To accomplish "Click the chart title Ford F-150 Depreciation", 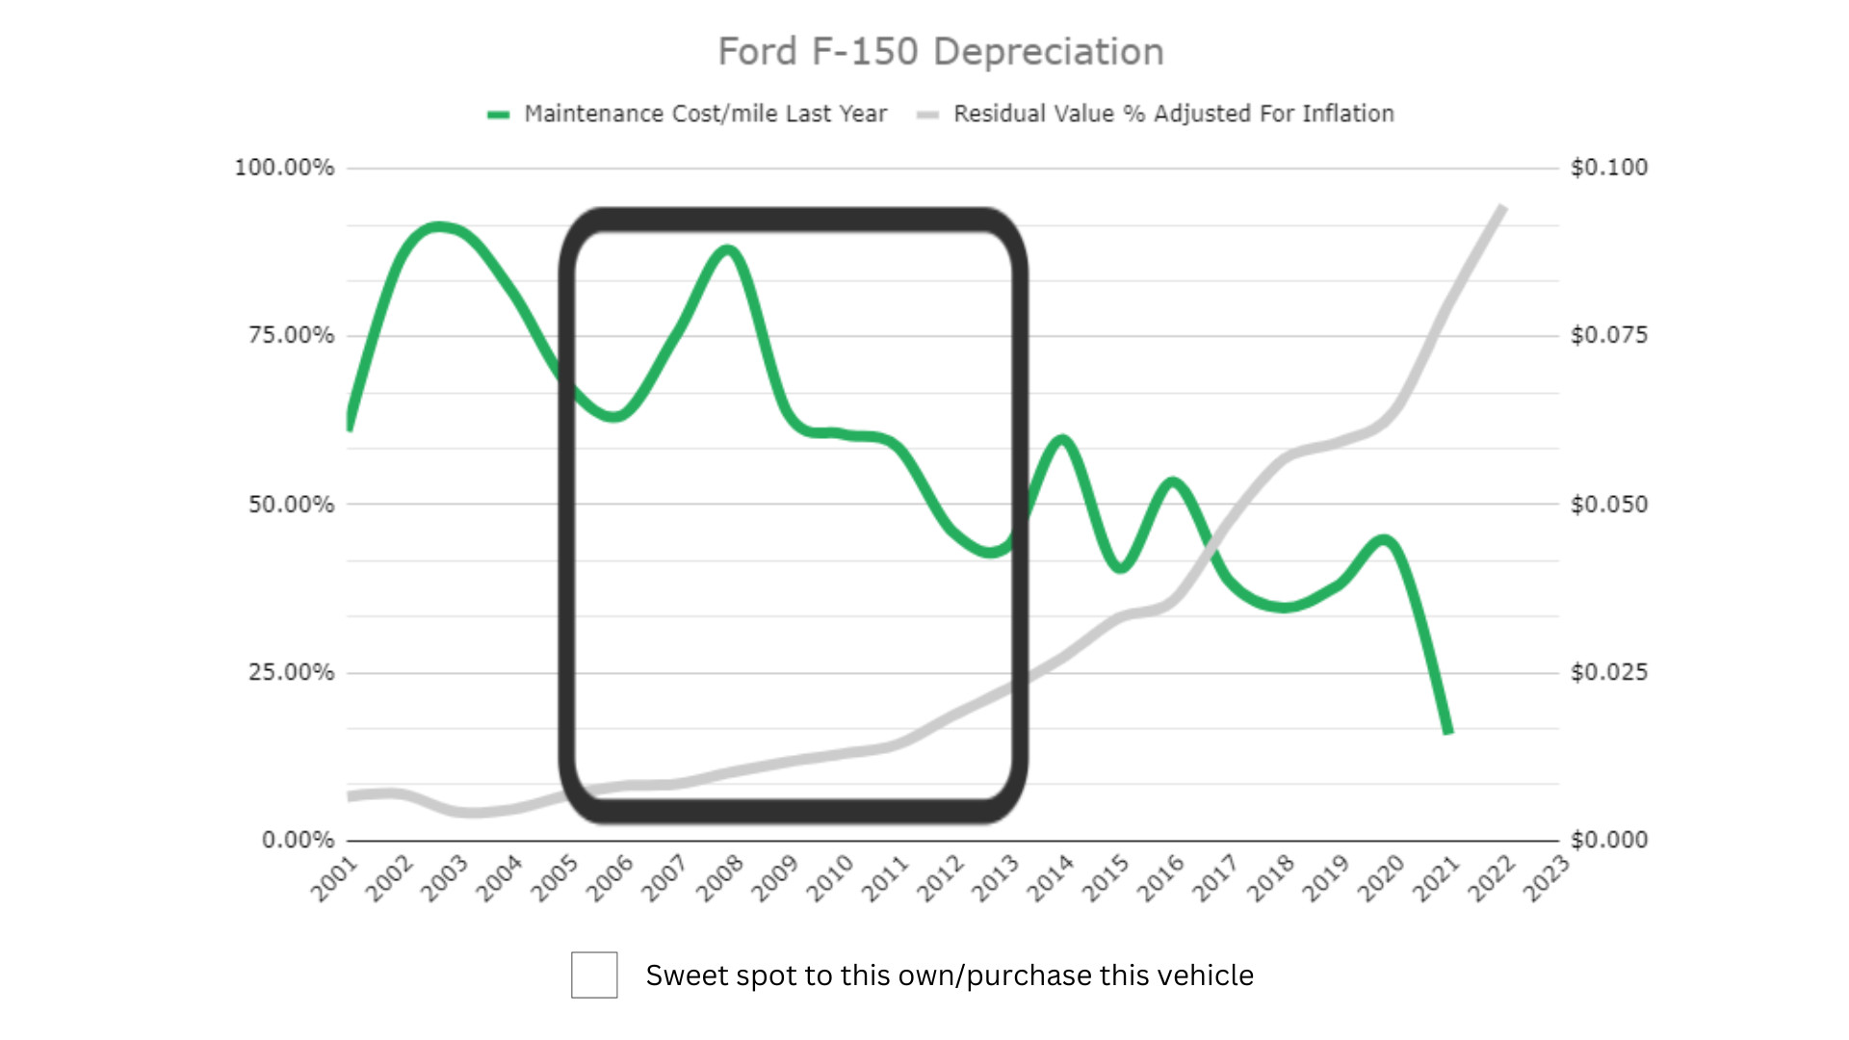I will (x=941, y=52).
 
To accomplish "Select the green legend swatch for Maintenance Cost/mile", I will (x=498, y=115).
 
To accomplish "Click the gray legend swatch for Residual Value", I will (x=927, y=115).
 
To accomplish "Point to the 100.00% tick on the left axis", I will (x=284, y=168).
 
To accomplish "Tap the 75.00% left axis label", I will (x=291, y=335).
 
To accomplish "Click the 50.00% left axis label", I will (x=291, y=505).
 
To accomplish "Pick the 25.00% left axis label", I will (x=291, y=672).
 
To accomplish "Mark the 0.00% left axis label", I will (x=298, y=840).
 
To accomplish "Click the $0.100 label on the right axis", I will (x=1609, y=168).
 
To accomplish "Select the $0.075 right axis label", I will (x=1609, y=335).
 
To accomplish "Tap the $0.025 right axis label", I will (x=1609, y=672).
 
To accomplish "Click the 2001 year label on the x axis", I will (x=334, y=878).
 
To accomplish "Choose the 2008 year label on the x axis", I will (x=720, y=878).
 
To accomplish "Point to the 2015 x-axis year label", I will (x=1106, y=878).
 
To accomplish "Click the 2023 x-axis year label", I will (x=1547, y=878).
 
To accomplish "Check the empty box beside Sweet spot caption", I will (x=594, y=975).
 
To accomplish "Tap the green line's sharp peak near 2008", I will (x=728, y=251).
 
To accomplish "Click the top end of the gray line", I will (x=1501, y=207).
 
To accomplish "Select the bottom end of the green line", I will (x=1447, y=732).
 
